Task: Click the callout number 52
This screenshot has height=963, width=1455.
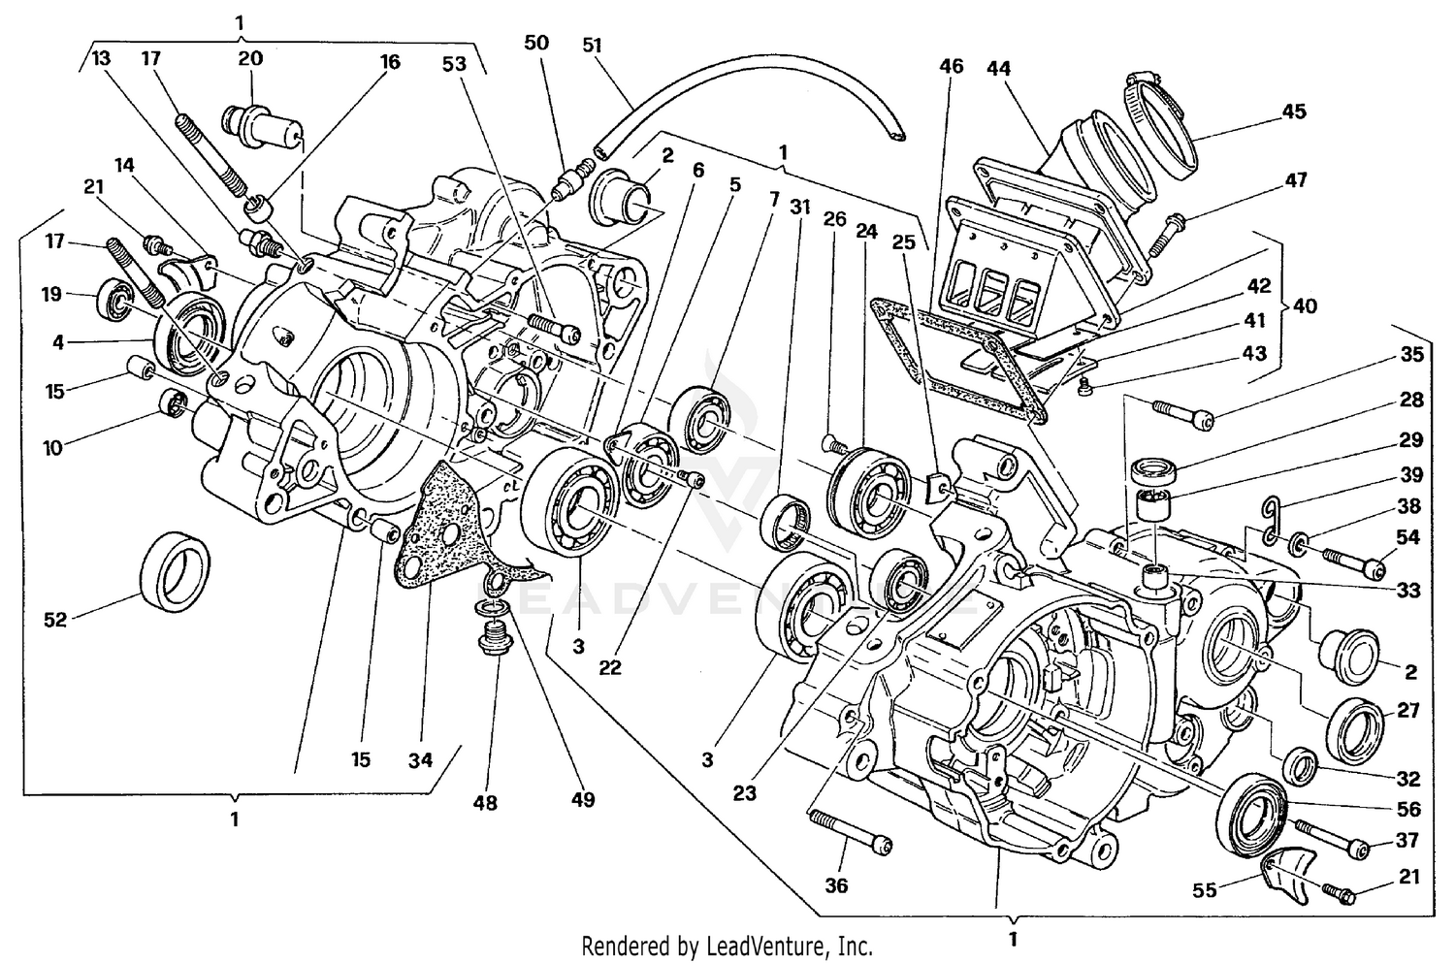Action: pos(55,619)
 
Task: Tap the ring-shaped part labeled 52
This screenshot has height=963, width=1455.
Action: pos(176,572)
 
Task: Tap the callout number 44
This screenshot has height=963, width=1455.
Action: pos(998,68)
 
